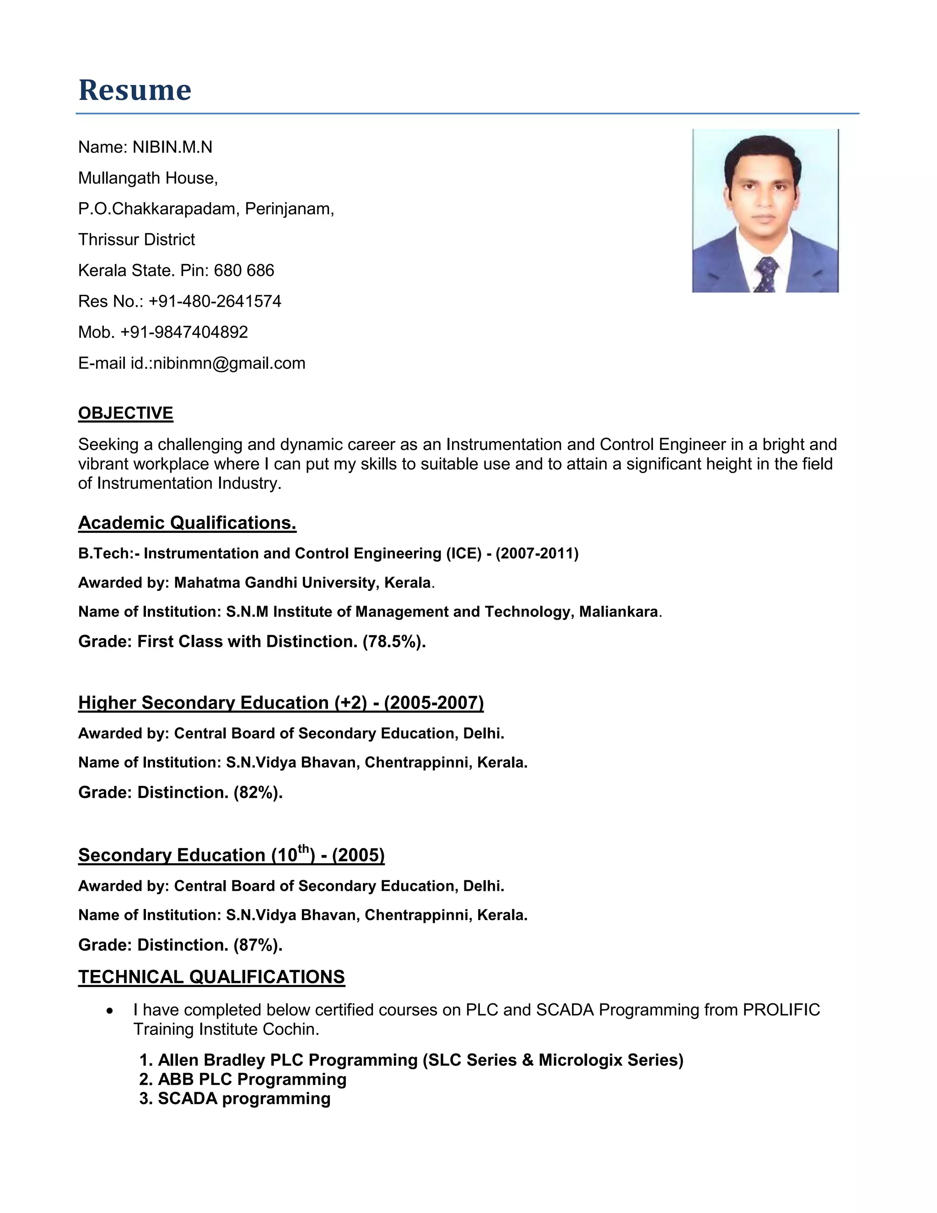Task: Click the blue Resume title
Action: pyautogui.click(x=135, y=90)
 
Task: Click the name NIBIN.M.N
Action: pyautogui.click(x=172, y=147)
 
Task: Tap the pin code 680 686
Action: pyautogui.click(x=244, y=271)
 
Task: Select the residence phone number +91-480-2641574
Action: pyautogui.click(x=215, y=301)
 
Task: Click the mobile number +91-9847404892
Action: pyautogui.click(x=184, y=332)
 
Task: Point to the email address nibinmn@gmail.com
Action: pyautogui.click(x=229, y=363)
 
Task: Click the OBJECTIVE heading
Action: pyautogui.click(x=125, y=413)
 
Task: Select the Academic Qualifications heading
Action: pyautogui.click(x=187, y=523)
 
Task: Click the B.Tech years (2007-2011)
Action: pyautogui.click(x=537, y=553)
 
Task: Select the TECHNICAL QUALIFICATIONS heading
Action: pyautogui.click(x=211, y=977)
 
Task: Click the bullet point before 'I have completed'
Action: pyautogui.click(x=110, y=1011)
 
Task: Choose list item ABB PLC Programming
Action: pyautogui.click(x=252, y=1079)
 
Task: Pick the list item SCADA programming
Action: pyautogui.click(x=244, y=1099)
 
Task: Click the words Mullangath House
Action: pyautogui.click(x=148, y=178)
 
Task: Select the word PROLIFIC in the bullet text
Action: pyautogui.click(x=781, y=1010)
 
